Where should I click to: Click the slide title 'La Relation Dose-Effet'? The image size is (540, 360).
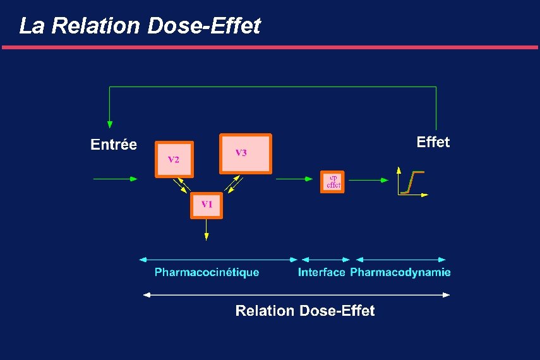coord(140,26)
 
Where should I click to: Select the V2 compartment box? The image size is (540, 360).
coord(174,159)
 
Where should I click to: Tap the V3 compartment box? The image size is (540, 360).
coord(245,153)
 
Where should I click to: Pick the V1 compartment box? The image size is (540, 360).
coord(207,205)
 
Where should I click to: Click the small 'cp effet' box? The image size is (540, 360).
coord(332,181)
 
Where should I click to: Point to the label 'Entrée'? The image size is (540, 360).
coord(114,145)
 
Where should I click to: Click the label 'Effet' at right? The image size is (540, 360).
coord(433,142)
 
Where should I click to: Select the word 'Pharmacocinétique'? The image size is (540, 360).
coord(207,272)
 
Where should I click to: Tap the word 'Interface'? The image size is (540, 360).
coord(321,272)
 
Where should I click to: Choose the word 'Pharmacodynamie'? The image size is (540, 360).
coord(400,272)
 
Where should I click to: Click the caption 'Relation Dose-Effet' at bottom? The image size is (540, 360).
coord(304,311)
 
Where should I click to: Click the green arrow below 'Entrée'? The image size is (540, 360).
coord(115,179)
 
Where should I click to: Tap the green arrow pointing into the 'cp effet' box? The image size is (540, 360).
coord(294,179)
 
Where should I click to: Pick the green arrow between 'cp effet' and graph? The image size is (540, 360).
coord(369,179)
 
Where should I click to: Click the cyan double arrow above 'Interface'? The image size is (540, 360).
coord(325,259)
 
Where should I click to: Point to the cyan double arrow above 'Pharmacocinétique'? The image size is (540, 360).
coord(218,259)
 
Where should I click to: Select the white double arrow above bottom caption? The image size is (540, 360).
coord(297,294)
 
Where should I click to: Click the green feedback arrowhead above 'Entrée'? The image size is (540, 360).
coord(110,123)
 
